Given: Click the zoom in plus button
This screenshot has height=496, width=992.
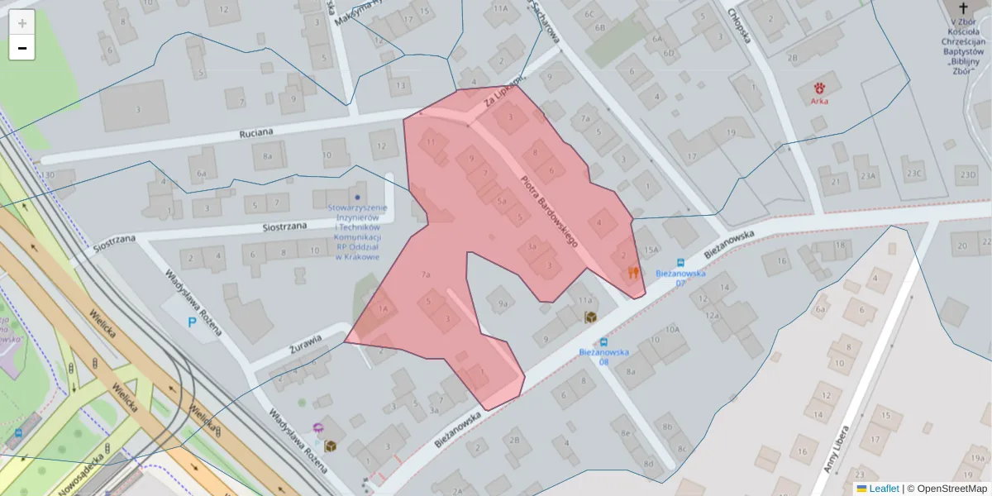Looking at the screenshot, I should pyautogui.click(x=22, y=22).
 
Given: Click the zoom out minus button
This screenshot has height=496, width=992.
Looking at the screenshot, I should pyautogui.click(x=22, y=48).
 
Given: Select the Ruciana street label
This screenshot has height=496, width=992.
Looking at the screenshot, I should pyautogui.click(x=256, y=131).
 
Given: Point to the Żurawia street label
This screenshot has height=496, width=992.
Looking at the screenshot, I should pyautogui.click(x=305, y=339).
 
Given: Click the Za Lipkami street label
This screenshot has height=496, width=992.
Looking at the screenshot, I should pyautogui.click(x=505, y=93).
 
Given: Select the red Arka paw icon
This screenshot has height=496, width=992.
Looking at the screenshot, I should pyautogui.click(x=820, y=88).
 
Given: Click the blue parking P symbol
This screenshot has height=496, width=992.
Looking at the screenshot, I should pyautogui.click(x=193, y=321).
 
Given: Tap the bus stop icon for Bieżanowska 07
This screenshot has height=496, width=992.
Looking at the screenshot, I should pyautogui.click(x=680, y=262).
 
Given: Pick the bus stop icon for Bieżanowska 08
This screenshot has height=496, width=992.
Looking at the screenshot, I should pyautogui.click(x=604, y=341).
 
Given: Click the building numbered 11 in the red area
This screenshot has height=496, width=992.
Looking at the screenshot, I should pyautogui.click(x=431, y=142).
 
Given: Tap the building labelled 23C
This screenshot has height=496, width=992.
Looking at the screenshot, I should pyautogui.click(x=913, y=174).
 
